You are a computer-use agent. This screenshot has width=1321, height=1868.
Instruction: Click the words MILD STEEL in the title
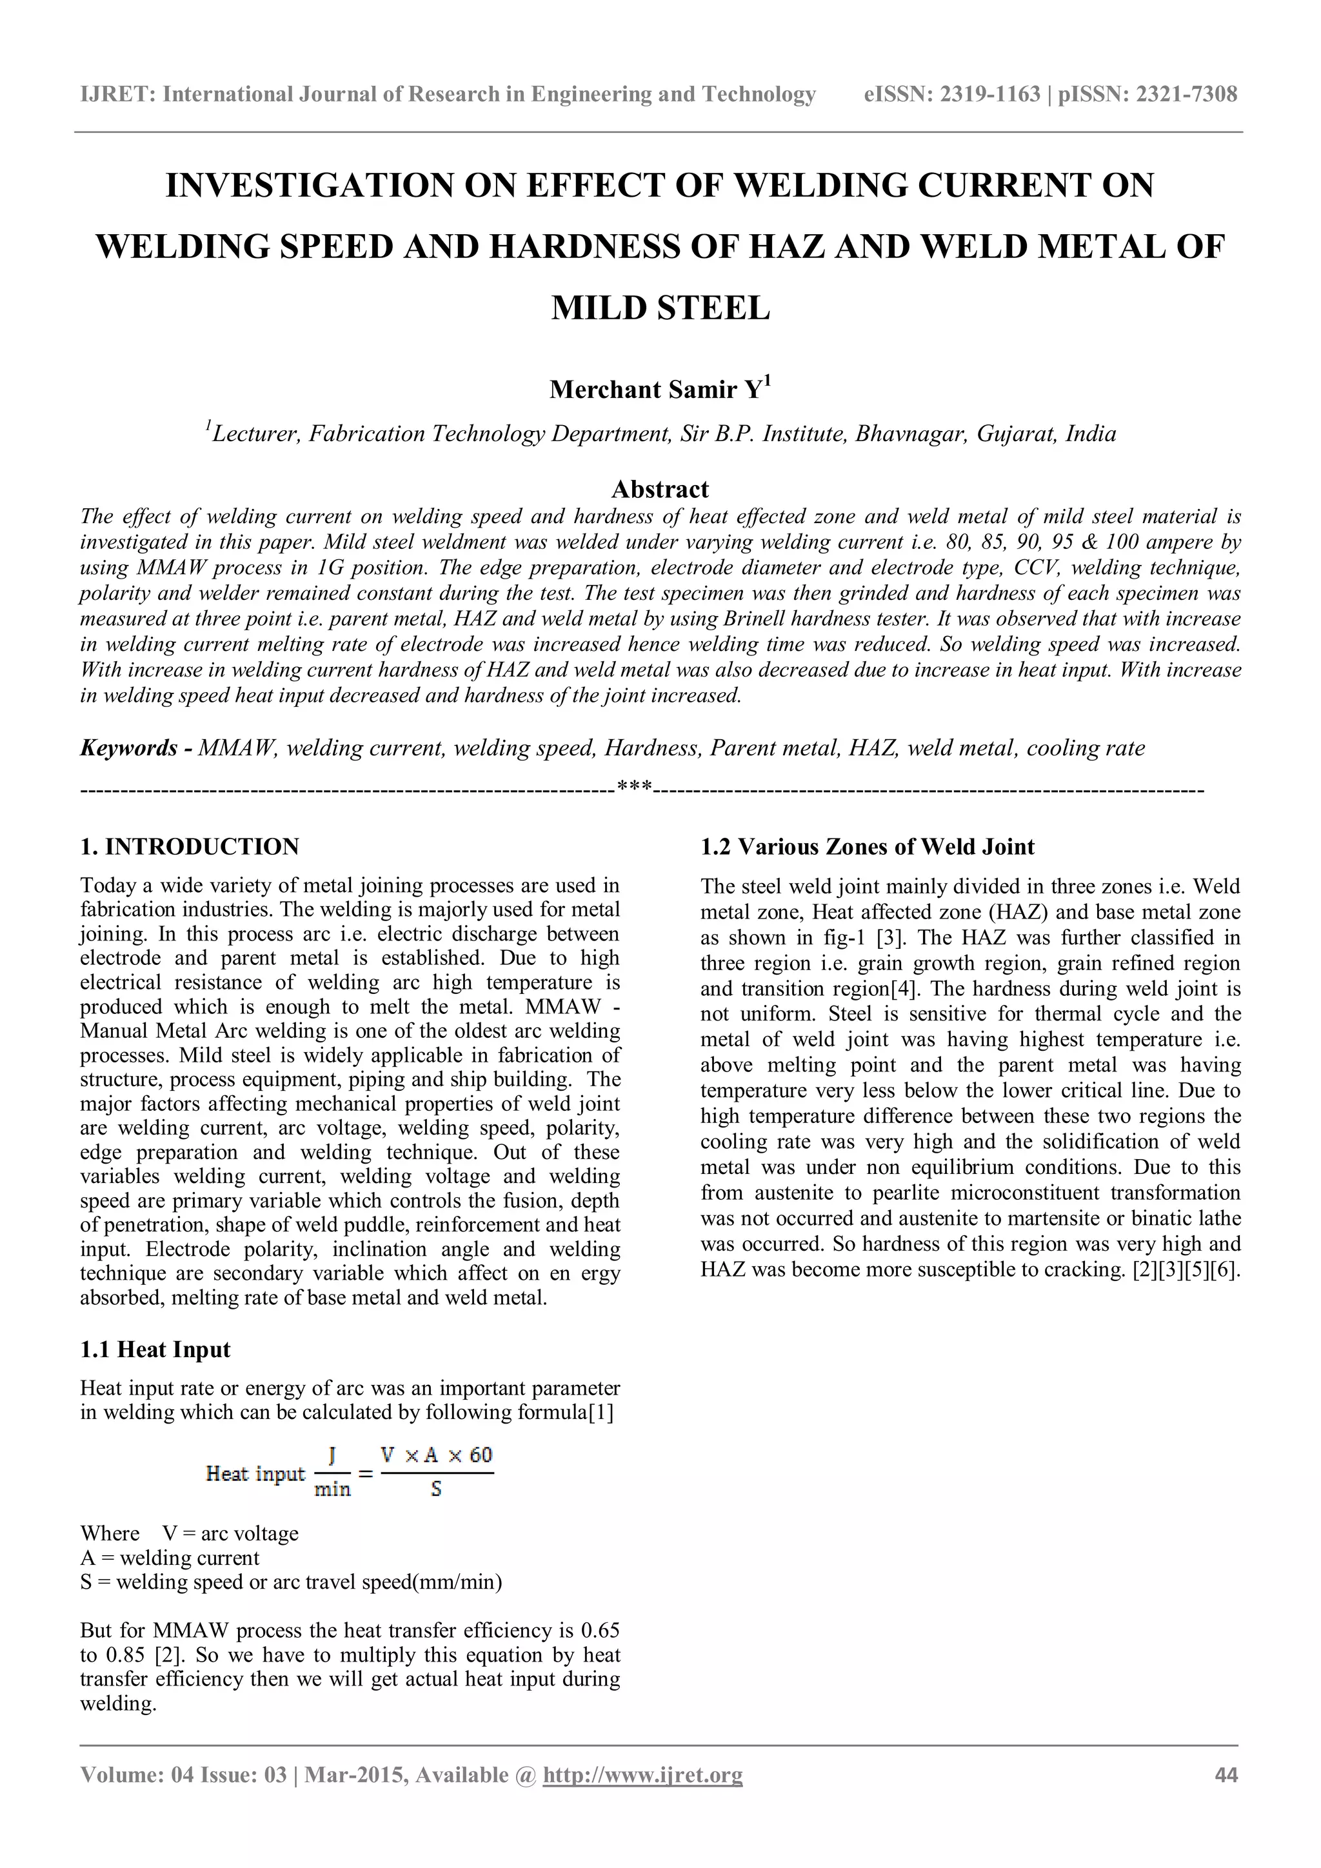click(x=660, y=308)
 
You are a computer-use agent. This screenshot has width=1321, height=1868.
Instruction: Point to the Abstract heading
click(x=660, y=489)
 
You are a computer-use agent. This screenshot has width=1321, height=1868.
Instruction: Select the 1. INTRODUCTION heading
click(x=190, y=847)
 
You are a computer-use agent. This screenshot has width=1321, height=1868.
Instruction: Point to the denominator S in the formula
click(x=436, y=1489)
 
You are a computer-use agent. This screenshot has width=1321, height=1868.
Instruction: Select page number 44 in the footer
click(x=1226, y=1774)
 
